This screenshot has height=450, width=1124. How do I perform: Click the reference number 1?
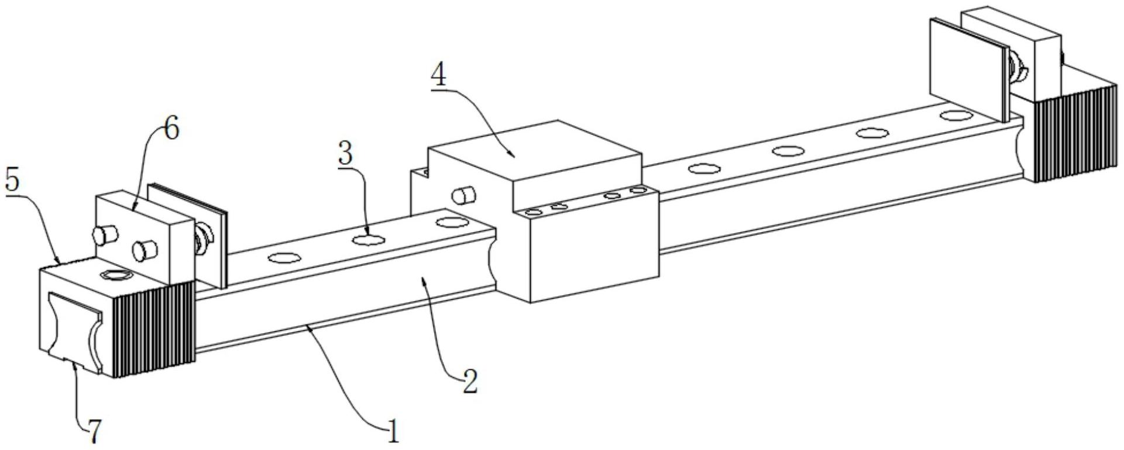(393, 433)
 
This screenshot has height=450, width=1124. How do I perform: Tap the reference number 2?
(469, 382)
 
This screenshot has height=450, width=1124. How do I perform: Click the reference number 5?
(13, 181)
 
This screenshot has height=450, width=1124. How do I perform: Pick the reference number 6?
(170, 129)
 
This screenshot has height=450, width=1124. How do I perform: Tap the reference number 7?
(94, 431)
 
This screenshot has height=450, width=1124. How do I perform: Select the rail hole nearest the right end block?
(953, 115)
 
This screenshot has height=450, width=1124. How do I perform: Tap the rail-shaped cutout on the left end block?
(74, 333)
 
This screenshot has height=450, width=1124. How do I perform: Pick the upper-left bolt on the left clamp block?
(105, 235)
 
